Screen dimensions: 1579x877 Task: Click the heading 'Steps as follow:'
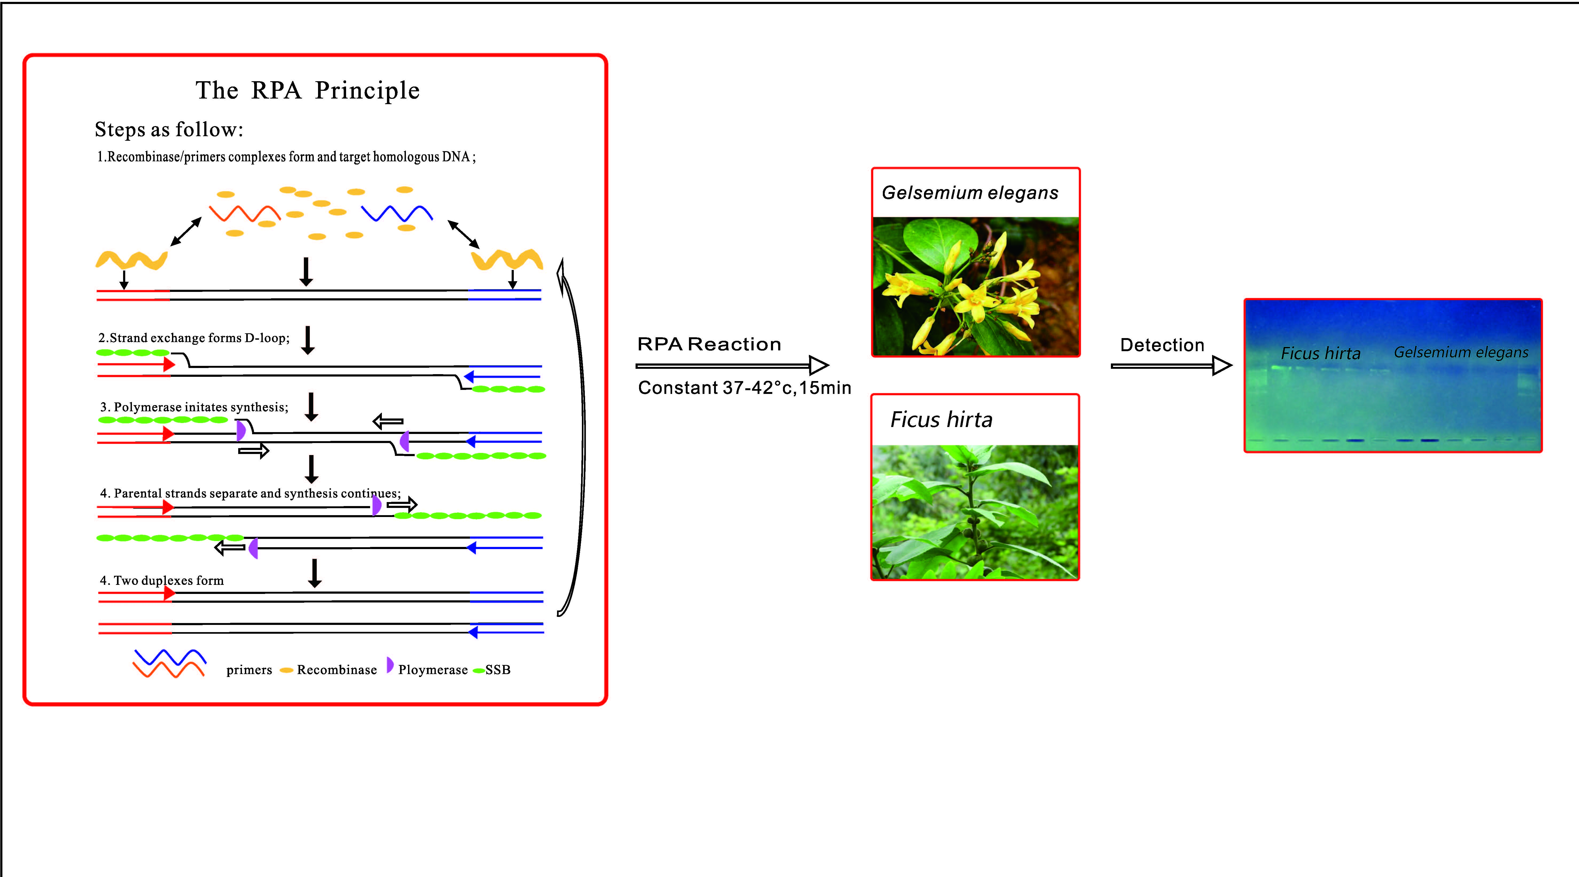169,129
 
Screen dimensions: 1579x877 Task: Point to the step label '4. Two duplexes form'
162,580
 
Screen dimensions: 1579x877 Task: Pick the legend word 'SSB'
498,670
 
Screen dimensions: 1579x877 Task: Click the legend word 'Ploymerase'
433,670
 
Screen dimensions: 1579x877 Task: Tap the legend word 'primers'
249,670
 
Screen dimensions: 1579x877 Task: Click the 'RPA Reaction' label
709,344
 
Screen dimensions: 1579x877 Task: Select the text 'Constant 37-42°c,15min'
744,388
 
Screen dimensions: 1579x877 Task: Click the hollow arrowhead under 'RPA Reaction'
818,365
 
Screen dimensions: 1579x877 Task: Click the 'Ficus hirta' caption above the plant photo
941,420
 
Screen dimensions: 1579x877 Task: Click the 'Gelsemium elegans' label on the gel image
1461,353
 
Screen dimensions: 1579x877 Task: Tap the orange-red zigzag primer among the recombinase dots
245,213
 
